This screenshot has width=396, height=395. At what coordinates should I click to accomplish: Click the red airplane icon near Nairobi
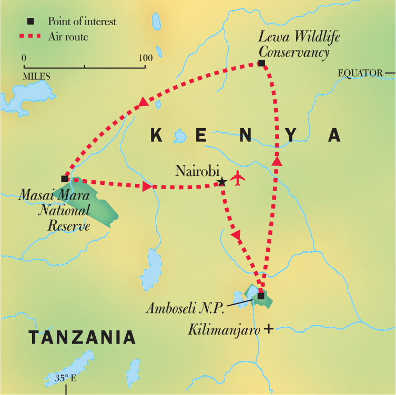pos(238,178)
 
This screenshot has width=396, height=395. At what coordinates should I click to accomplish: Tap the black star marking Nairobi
pos(222,182)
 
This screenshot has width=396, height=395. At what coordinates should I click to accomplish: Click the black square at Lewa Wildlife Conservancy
pos(261,64)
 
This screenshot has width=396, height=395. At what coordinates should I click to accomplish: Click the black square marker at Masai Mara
pos(65,179)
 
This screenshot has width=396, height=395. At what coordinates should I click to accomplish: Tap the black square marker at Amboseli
pos(261,296)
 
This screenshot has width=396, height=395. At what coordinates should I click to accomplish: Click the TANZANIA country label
pos(82,337)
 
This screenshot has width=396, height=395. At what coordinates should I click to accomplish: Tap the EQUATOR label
pos(361,72)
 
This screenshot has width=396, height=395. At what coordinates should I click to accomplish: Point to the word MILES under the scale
pos(36,76)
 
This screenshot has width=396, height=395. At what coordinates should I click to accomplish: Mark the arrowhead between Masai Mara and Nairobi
pos(147,186)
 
